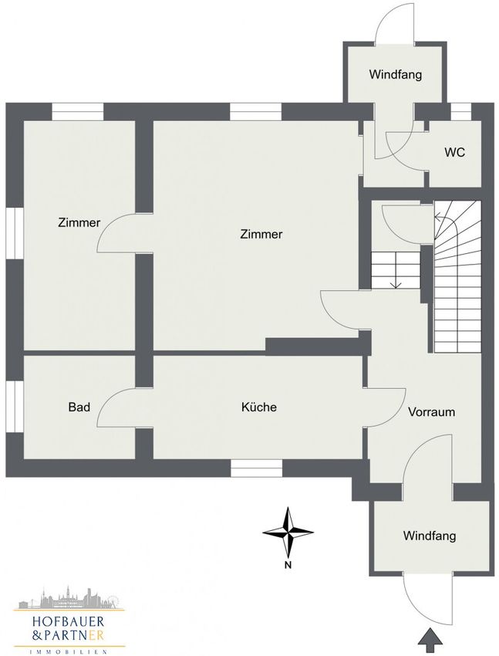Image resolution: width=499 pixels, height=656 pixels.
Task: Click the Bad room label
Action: click(79, 407)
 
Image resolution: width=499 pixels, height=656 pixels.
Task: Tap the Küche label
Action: click(259, 407)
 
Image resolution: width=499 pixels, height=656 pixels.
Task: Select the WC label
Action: click(455, 152)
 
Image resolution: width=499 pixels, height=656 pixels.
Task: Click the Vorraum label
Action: click(431, 412)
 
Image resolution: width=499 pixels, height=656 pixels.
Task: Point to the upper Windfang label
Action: click(396, 75)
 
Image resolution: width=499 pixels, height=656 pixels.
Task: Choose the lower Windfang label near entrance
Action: click(430, 536)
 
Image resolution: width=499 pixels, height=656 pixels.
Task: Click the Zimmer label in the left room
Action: click(79, 222)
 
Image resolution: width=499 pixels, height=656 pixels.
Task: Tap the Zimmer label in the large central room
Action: click(261, 235)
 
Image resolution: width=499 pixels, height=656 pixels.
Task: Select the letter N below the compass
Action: click(288, 566)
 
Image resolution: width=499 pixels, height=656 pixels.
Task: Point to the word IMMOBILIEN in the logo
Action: click(69, 651)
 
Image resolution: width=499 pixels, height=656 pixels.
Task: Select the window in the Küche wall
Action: click(256, 468)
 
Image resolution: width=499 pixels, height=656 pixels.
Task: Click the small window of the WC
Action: click(461, 112)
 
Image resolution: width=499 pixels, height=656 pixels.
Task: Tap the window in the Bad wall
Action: click(15, 407)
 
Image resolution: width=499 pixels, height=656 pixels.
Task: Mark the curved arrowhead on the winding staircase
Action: click(438, 217)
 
